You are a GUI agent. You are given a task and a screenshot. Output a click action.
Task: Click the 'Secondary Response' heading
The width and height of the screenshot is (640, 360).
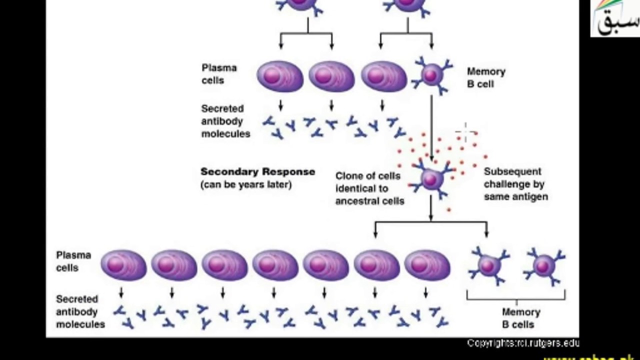257,172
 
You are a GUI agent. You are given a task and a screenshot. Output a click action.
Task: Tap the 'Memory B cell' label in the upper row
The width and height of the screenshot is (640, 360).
485,78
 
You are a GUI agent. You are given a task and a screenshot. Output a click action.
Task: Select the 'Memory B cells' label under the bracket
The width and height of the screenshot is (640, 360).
520,318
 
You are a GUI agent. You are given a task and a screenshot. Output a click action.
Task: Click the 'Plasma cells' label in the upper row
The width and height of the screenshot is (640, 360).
219,74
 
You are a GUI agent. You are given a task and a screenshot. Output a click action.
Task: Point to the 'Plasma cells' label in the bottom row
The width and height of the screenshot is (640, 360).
73,261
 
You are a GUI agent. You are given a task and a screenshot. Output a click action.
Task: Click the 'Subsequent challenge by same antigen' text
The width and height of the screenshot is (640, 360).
515,184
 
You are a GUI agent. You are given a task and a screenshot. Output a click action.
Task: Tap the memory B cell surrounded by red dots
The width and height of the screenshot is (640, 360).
430,178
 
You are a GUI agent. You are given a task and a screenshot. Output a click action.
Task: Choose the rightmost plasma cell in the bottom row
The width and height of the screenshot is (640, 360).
426,265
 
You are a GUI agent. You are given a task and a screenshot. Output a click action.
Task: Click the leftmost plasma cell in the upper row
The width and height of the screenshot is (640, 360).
280,76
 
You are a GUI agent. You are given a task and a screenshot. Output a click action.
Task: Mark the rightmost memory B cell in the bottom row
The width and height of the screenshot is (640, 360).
544,265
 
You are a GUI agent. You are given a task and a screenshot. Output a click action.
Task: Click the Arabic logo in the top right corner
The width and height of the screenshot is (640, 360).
615,18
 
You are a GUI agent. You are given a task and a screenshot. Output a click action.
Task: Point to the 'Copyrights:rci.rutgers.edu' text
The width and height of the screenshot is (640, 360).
523,343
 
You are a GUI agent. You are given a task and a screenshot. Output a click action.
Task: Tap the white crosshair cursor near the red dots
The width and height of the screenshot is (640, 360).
465,132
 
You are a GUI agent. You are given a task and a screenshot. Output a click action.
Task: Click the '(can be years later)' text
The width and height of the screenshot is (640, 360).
246,184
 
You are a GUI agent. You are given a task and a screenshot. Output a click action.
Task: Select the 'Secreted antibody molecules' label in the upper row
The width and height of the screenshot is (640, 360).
225,121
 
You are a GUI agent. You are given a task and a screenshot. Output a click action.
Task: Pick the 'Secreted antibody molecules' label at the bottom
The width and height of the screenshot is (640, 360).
80,311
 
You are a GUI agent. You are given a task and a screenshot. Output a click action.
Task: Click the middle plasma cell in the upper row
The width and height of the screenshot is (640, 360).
331,76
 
